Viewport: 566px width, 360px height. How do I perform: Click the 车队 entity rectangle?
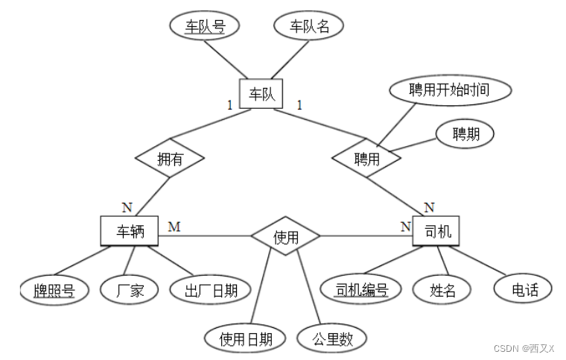[261, 93]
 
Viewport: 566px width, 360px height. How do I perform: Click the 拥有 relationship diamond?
[171, 158]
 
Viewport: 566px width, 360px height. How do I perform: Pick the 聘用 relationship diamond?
[366, 158]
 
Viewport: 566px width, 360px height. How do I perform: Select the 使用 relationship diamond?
[286, 237]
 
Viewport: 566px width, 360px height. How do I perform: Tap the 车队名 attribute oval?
[309, 27]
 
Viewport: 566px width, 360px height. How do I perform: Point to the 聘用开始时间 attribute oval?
[450, 91]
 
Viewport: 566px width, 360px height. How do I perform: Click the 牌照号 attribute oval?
[54, 290]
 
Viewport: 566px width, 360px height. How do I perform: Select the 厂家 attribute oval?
[128, 290]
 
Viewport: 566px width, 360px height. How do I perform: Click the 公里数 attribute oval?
[331, 339]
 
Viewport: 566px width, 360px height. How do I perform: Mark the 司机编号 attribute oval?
[363, 288]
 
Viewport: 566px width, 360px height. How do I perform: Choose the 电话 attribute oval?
[525, 288]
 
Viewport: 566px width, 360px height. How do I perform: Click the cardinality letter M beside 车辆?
[174, 226]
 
